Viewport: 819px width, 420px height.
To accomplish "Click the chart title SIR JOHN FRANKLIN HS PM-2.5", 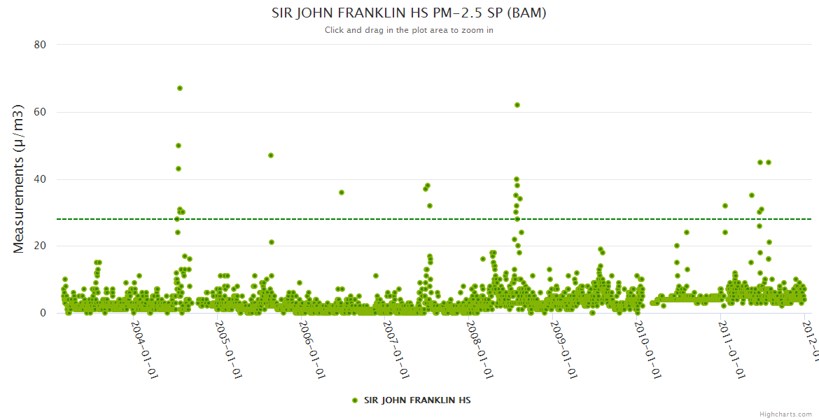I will tap(409, 13).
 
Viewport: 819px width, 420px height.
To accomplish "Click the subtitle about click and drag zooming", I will tap(409, 30).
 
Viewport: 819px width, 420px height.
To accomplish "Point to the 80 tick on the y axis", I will tap(40, 45).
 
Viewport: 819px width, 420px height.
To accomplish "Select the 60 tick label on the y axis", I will tap(40, 112).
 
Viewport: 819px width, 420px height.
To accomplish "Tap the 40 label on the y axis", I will tap(40, 179).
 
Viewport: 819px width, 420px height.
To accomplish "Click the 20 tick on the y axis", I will tap(40, 246).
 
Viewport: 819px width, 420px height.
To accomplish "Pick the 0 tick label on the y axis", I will tap(43, 313).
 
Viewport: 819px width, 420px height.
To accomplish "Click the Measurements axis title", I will tap(20, 179).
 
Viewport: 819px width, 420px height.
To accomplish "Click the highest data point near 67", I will tap(180, 88).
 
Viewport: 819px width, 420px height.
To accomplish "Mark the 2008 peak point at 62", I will tap(517, 105).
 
